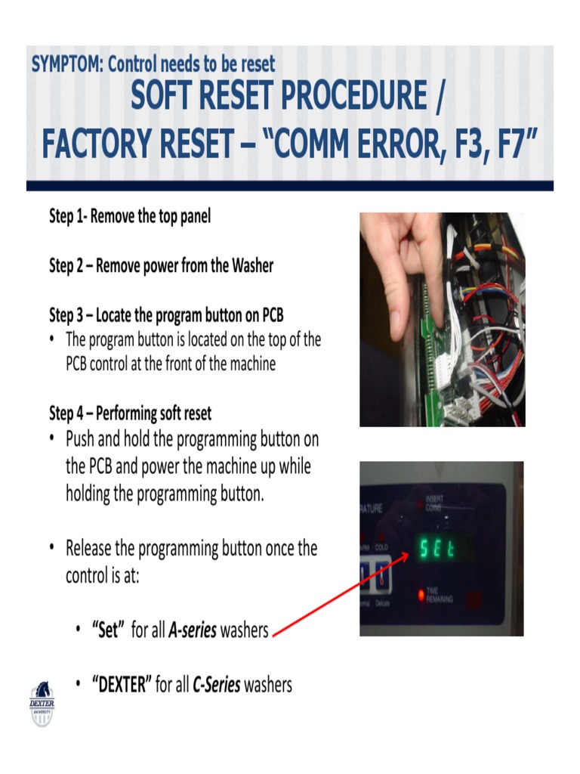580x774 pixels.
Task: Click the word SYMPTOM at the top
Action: point(67,64)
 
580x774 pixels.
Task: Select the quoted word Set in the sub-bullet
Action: point(106,630)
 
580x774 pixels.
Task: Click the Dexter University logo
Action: point(42,703)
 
